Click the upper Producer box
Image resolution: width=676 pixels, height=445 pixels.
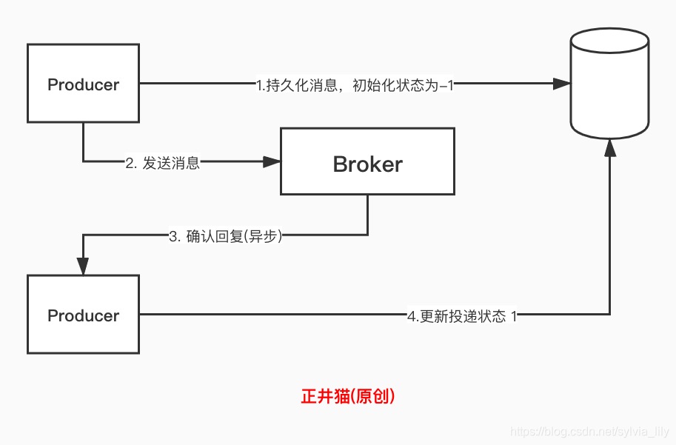[83, 104]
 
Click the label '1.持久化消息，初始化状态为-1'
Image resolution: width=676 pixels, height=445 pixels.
[355, 85]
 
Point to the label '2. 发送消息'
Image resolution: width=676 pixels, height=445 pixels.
[162, 164]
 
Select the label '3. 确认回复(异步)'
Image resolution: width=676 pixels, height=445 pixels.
[226, 237]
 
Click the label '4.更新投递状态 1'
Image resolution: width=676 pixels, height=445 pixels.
[462, 316]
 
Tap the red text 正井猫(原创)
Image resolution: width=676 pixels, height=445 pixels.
[348, 396]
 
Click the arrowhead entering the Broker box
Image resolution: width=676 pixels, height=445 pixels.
[272, 161]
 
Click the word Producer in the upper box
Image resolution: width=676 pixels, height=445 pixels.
[83, 84]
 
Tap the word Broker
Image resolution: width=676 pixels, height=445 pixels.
[367, 164]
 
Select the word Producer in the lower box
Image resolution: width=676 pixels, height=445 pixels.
[83, 315]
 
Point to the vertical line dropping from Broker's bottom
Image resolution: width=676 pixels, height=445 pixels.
[367, 215]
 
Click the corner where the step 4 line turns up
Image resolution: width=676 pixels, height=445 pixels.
[609, 315]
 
